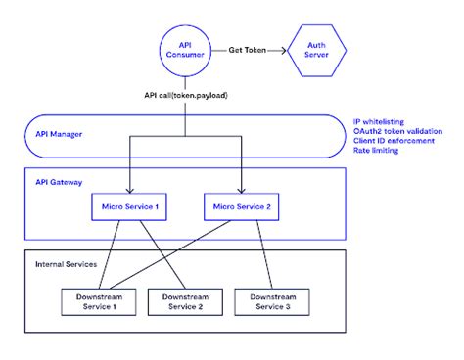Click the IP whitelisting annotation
coord(378,117)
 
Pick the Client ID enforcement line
coord(388,140)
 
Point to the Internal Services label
coord(66,264)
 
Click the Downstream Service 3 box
coord(267,302)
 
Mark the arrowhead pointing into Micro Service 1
coord(129,190)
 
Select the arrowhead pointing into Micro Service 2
coord(239,190)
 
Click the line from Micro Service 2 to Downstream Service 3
coord(254,254)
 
